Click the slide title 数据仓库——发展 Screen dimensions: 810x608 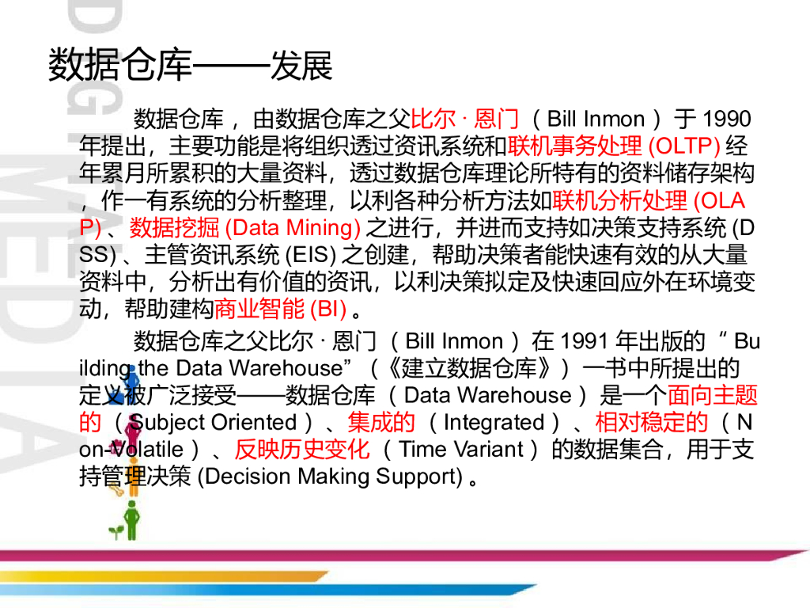190,66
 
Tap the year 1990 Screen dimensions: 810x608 725,120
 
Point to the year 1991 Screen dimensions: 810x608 584,342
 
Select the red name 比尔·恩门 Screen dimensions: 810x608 465,120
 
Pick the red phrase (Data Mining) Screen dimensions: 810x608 293,228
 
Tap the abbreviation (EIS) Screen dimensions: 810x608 309,255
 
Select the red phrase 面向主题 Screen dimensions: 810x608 712,395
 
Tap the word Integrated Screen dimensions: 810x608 494,423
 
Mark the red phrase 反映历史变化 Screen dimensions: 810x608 301,450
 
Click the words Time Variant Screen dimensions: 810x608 461,450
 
